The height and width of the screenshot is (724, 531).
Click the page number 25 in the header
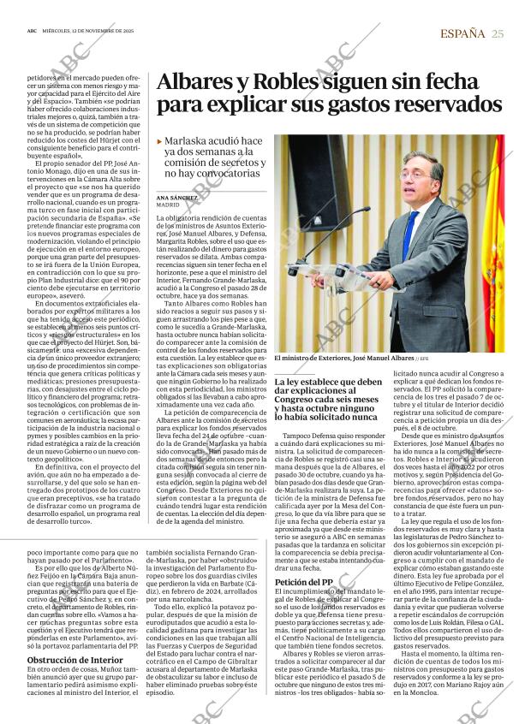[498, 33]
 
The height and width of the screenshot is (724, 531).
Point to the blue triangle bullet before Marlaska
[160, 141]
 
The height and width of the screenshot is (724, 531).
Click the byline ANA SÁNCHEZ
[177, 198]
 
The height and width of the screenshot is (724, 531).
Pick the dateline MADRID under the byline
[168, 205]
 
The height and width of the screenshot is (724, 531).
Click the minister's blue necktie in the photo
[411, 232]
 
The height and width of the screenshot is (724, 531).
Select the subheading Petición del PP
[303, 583]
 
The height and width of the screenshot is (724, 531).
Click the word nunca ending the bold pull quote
[364, 418]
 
